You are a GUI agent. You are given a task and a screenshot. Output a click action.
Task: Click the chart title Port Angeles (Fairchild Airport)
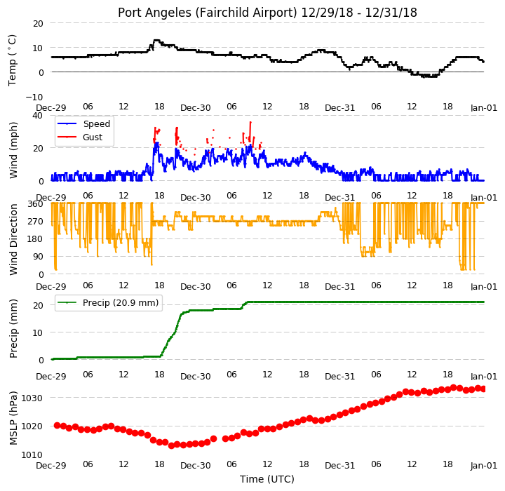pyautogui.click(x=207, y=13)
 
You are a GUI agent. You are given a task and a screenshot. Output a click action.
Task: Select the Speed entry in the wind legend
pyautogui.click(x=97, y=124)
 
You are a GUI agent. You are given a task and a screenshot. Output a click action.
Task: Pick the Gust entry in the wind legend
pyautogui.click(x=93, y=137)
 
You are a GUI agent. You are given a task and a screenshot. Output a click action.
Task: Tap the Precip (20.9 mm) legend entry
pyautogui.click(x=121, y=303)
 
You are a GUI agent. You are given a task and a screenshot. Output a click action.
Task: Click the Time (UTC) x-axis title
pyautogui.click(x=267, y=479)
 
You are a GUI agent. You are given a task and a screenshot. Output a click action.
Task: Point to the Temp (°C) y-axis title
pyautogui.click(x=12, y=60)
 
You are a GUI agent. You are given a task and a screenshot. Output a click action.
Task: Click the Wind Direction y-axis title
pyautogui.click(x=13, y=239)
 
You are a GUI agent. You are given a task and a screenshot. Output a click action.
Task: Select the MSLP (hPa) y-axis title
pyautogui.click(x=13, y=418)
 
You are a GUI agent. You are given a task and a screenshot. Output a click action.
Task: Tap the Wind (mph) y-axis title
pyautogui.click(x=13, y=150)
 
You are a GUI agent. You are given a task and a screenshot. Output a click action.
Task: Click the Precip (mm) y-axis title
pyautogui.click(x=13, y=329)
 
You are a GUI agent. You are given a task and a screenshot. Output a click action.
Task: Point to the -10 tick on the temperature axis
pyautogui.click(x=34, y=97)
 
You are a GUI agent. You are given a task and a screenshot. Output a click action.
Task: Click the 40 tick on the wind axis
pyautogui.click(x=38, y=115)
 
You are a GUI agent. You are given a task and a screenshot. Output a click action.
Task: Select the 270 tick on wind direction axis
pyautogui.click(x=36, y=222)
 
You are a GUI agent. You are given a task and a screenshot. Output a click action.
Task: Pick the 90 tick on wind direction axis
pyautogui.click(x=39, y=257)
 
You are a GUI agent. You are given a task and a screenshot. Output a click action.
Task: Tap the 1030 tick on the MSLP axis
pyautogui.click(x=32, y=398)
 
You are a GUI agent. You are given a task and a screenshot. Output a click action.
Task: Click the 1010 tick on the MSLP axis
pyautogui.click(x=32, y=455)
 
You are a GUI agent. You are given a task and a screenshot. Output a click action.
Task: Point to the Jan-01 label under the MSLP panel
pyautogui.click(x=484, y=466)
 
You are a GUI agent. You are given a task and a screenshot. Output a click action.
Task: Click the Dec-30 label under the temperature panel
pyautogui.click(x=196, y=108)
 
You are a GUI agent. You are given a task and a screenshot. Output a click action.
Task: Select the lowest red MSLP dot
pyautogui.click(x=171, y=445)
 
